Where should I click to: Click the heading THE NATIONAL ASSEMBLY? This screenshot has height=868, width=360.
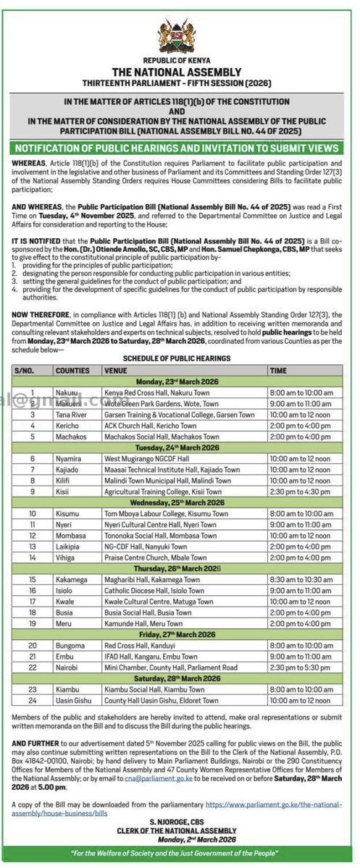[x=180, y=74]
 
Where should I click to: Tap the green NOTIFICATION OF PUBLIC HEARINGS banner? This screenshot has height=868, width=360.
[x=180, y=148]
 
